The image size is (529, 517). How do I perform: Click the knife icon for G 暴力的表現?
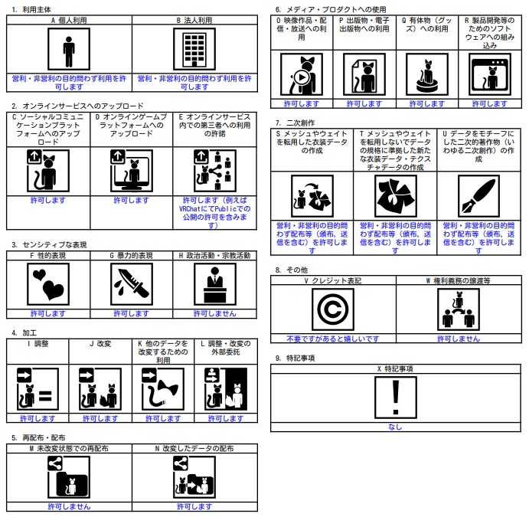tap(131, 284)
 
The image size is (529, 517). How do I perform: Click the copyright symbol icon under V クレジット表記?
tap(333, 309)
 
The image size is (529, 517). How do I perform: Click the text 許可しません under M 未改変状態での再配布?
tap(69, 506)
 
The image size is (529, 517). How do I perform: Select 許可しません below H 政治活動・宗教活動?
tap(214, 313)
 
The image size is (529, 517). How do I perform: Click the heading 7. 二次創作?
tap(295, 123)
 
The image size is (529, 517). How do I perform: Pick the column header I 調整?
tap(38, 344)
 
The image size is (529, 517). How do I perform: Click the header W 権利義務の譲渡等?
tap(458, 281)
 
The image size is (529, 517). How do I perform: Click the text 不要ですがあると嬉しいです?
tap(333, 338)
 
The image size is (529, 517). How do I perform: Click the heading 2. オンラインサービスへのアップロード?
tap(77, 106)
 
